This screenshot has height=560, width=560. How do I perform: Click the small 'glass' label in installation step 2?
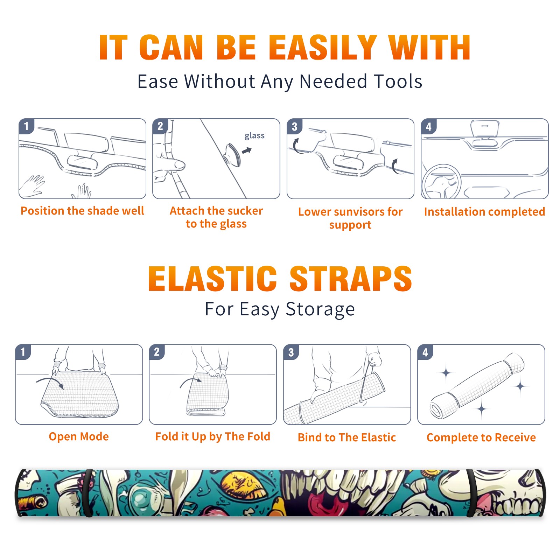coord(254,136)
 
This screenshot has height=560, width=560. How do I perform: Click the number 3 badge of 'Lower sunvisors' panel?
coord(294,126)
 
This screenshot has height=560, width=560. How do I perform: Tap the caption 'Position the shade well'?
coord(82,211)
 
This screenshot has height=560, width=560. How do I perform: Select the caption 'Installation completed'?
coord(484,212)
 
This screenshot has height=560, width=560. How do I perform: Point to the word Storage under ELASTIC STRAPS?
coord(320,309)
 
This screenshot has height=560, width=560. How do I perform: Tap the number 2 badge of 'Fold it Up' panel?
coord(156,352)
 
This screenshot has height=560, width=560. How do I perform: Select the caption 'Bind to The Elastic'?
coord(347,437)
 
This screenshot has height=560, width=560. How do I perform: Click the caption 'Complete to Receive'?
coord(481,437)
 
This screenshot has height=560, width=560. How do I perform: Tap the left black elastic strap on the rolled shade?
coord(88,493)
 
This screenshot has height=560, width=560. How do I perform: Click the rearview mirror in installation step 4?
coord(484,128)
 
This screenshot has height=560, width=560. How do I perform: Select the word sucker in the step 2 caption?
coord(245,211)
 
